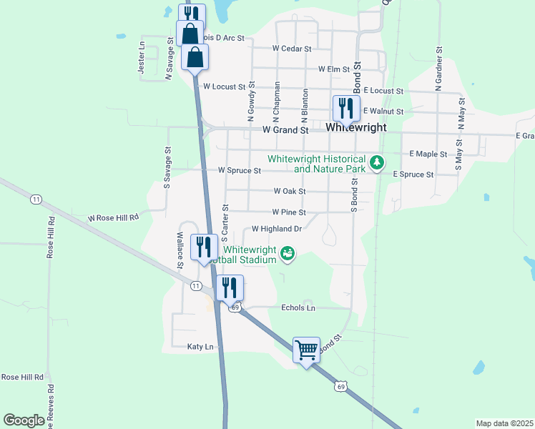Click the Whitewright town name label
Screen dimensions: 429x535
tap(355, 128)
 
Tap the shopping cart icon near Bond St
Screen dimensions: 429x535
tap(307, 350)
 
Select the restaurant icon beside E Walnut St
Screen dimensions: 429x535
tap(345, 109)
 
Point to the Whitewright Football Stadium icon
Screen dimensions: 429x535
tap(288, 253)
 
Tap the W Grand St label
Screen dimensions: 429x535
tap(285, 131)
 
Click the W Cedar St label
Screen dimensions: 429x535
tap(292, 49)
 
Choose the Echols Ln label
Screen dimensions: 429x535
tap(298, 307)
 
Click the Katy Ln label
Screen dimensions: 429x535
tap(200, 347)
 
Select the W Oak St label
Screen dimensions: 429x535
tap(290, 192)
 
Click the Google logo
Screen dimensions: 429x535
tap(24, 420)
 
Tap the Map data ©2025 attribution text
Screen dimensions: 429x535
tap(504, 423)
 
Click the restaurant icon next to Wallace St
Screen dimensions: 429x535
tap(204, 248)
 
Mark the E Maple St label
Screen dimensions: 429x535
tap(428, 154)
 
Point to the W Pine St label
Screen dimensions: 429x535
tap(289, 212)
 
